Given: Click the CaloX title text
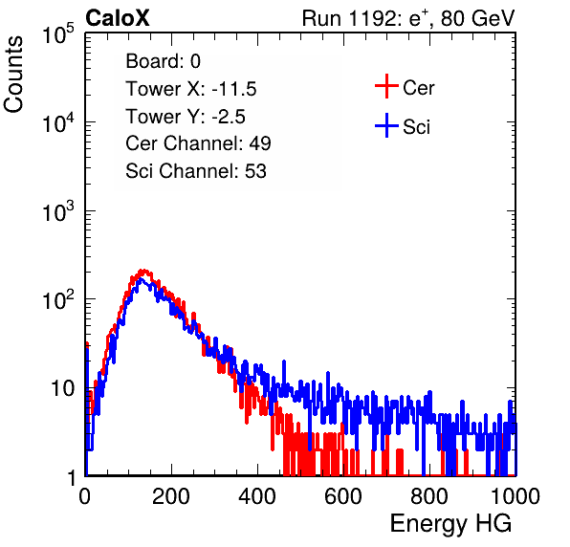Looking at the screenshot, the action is pyautogui.click(x=118, y=18).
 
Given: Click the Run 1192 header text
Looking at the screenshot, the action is pyautogui.click(x=408, y=18).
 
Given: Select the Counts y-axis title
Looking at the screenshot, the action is pyautogui.click(x=13, y=75).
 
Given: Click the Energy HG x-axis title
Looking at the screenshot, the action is pyautogui.click(x=450, y=524).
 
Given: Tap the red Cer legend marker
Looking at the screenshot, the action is pyautogui.click(x=386, y=86).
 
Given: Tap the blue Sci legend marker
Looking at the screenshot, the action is pyautogui.click(x=386, y=126).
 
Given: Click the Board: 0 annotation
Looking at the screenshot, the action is pyautogui.click(x=163, y=61).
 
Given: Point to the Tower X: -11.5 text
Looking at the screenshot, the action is pyautogui.click(x=191, y=89).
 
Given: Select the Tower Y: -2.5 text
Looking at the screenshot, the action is pyautogui.click(x=186, y=117).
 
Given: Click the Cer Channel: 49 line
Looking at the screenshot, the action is pyautogui.click(x=198, y=143).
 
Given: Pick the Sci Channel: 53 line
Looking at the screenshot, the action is pyautogui.click(x=196, y=171).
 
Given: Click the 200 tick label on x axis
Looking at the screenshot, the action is pyautogui.click(x=171, y=496).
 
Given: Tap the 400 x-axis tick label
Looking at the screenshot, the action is pyautogui.click(x=257, y=496).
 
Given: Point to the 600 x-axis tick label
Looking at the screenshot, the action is pyautogui.click(x=343, y=496).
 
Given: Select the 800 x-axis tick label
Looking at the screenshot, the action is pyautogui.click(x=429, y=496).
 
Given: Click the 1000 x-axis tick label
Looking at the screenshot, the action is pyautogui.click(x=515, y=496).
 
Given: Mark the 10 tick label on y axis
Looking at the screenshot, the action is pyautogui.click(x=63, y=388).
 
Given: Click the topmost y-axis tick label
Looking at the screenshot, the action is pyautogui.click(x=58, y=33).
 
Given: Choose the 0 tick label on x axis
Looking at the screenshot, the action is pyautogui.click(x=85, y=496).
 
